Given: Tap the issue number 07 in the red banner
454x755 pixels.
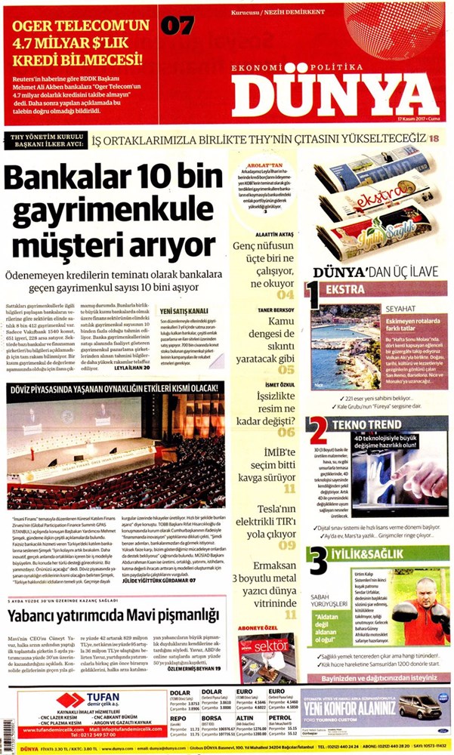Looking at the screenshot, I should (x=178, y=26).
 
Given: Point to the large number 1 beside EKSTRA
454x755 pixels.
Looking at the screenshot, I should (x=311, y=294).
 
